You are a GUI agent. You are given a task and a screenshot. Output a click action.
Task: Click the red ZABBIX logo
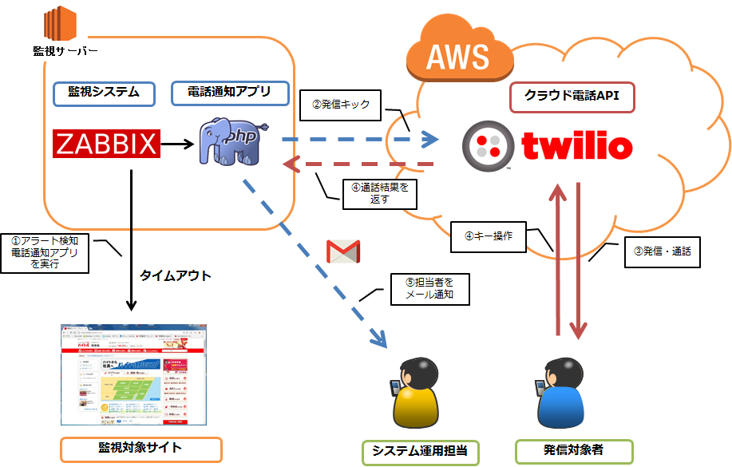pyautogui.click(x=107, y=144)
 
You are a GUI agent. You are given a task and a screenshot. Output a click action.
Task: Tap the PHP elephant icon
pyautogui.click(x=232, y=141)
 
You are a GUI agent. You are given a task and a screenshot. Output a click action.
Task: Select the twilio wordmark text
pyautogui.click(x=577, y=145)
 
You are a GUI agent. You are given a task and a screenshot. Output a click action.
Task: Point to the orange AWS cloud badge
pyautogui.click(x=457, y=57)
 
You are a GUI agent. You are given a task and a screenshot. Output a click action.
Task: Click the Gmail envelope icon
pyautogui.click(x=343, y=251)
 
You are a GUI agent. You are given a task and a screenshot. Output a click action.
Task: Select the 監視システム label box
pyautogui.click(x=104, y=93)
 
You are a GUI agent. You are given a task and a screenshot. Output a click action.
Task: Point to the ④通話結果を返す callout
pyautogui.click(x=380, y=194)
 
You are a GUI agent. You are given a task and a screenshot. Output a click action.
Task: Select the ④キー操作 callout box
pyautogui.click(x=489, y=236)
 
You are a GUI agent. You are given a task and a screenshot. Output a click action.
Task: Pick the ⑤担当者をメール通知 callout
pyautogui.click(x=427, y=288)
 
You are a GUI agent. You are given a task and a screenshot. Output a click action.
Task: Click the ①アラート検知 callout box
pyautogui.click(x=45, y=253)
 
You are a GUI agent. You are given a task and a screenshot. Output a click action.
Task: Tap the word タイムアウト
pyautogui.click(x=175, y=275)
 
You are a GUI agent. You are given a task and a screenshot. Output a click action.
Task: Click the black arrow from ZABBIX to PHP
pyautogui.click(x=178, y=144)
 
